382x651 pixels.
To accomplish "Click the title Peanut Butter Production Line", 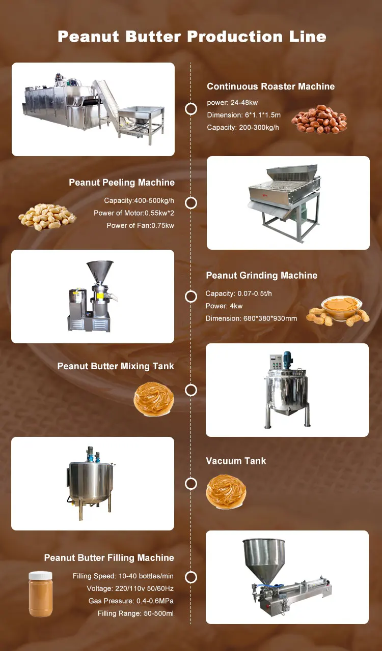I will (x=192, y=37).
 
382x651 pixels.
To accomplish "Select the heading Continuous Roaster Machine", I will (x=270, y=86).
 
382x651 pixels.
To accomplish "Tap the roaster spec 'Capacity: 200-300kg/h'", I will (x=243, y=128).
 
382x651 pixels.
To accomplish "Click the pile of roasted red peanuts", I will (x=319, y=120).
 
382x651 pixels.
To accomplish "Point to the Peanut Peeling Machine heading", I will (x=122, y=183).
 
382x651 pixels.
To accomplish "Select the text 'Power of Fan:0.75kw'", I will (x=140, y=225).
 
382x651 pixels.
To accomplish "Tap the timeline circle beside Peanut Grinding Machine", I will (x=191, y=297).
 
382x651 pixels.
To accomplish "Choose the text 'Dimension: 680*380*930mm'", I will (x=251, y=318).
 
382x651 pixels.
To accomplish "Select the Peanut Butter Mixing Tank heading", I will (x=116, y=366).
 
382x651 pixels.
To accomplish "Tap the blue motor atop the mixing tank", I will (x=288, y=358).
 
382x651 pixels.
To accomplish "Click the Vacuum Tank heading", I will (x=236, y=461).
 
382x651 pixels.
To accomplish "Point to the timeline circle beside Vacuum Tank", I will (x=191, y=484).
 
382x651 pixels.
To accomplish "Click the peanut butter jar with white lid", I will (x=40, y=594).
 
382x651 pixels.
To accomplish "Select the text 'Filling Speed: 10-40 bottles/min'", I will (x=123, y=577).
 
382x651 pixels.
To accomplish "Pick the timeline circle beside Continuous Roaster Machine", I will (x=191, y=109).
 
